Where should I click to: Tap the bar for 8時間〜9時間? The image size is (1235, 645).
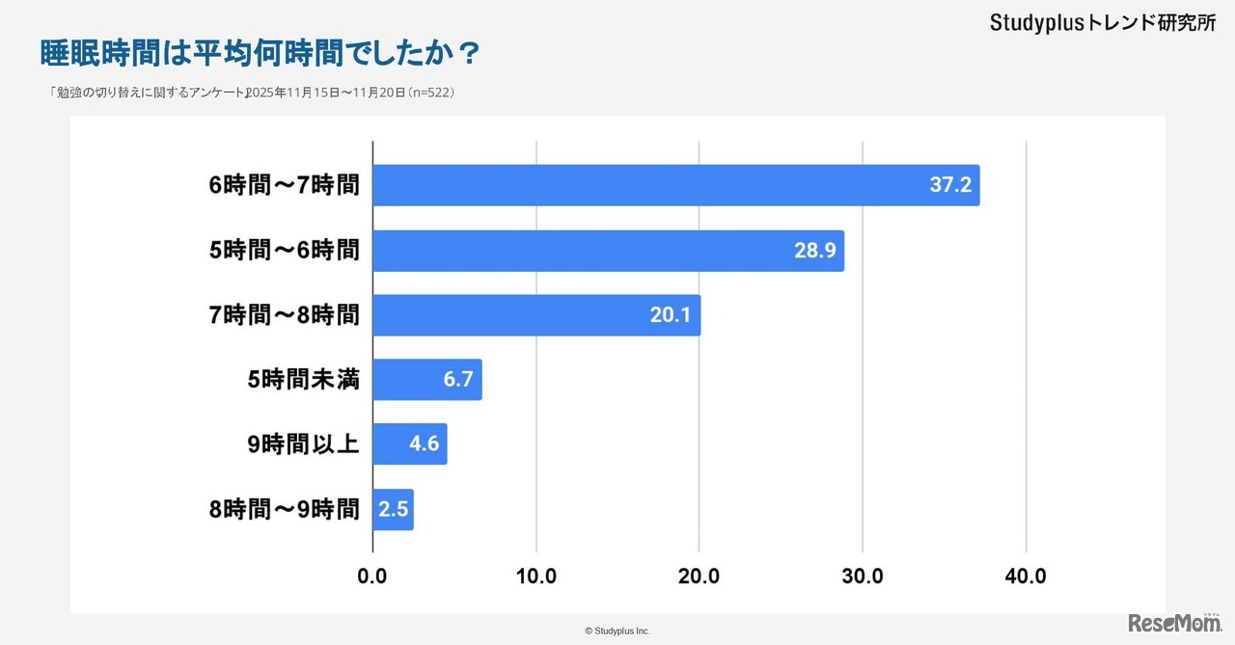(x=393, y=509)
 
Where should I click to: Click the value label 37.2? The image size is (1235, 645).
(x=950, y=185)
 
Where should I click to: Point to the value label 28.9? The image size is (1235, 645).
(x=815, y=251)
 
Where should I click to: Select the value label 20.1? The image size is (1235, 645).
(x=671, y=315)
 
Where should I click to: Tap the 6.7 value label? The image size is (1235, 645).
(x=457, y=380)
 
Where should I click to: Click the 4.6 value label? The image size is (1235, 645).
(x=425, y=444)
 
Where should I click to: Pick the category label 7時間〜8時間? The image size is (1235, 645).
(x=284, y=315)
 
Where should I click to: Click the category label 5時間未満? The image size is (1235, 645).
(x=303, y=380)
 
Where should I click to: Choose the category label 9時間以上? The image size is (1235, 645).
(x=303, y=444)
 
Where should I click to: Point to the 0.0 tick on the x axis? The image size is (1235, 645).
(x=372, y=577)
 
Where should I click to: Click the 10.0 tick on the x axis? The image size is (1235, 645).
(x=535, y=577)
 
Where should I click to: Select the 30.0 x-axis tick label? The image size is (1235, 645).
(x=863, y=577)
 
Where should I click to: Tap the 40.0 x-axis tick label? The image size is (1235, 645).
(x=1026, y=577)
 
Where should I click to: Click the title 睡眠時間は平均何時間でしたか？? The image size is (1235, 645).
(x=261, y=52)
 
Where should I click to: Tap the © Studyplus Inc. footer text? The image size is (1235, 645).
(x=617, y=631)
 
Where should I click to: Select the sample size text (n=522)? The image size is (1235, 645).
(x=431, y=93)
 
